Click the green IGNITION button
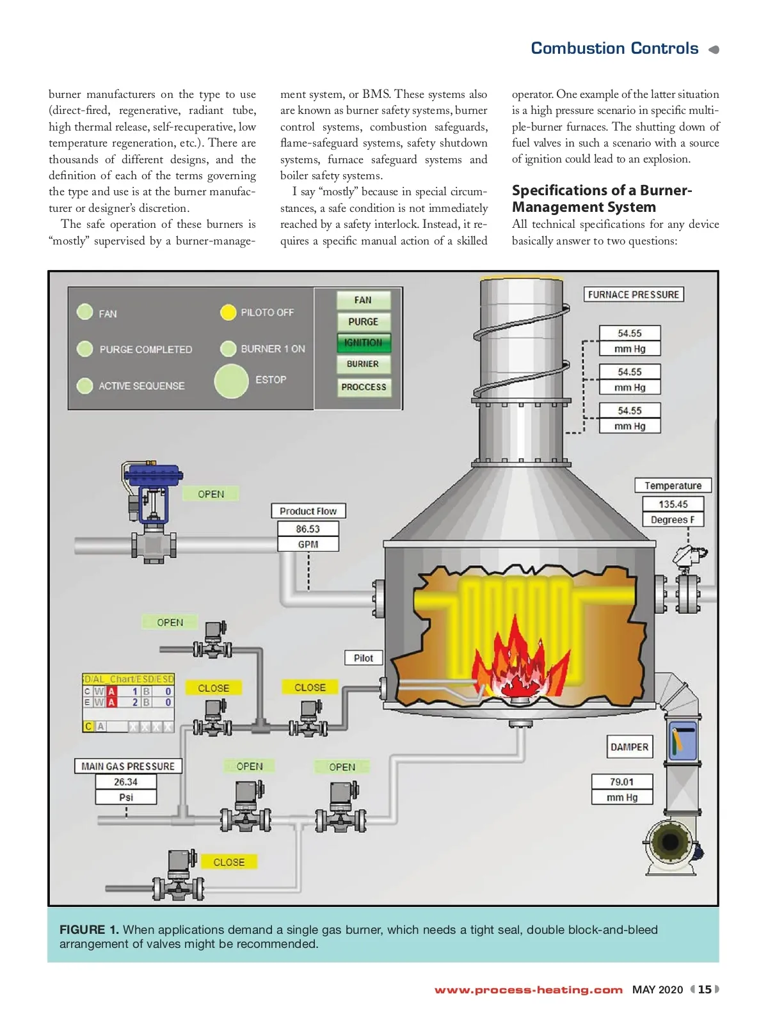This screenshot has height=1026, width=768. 363,342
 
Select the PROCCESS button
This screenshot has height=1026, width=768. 364,387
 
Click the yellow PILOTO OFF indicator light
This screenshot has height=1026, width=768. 228,312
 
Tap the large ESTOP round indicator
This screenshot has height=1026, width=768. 231,381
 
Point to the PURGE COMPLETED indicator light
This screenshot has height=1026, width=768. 84,349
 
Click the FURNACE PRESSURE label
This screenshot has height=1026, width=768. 633,294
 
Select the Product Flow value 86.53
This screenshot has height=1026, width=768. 308,529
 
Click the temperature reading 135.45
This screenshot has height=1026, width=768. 673,504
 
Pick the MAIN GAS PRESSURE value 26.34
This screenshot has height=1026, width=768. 125,782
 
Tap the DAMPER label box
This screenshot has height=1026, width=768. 629,747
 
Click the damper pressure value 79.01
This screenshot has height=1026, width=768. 621,782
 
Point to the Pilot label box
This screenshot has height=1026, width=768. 363,658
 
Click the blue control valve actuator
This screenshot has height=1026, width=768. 152,475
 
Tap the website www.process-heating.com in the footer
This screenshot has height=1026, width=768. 528,990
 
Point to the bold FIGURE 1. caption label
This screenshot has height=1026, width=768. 89,929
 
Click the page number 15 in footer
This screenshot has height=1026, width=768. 705,989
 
